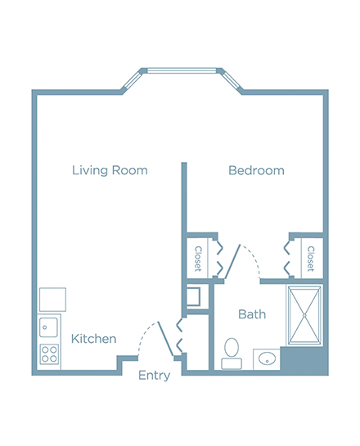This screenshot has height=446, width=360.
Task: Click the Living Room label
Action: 110,170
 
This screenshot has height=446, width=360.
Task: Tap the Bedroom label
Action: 256,170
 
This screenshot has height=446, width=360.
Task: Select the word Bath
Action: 252,314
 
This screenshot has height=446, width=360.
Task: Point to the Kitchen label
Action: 93,339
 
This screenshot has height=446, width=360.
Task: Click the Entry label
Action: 154,376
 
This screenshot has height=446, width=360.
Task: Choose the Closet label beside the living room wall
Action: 198,259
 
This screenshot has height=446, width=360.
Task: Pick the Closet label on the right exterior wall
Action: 311,259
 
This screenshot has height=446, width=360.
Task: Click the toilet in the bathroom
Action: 232,354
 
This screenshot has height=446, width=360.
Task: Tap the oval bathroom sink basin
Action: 267,358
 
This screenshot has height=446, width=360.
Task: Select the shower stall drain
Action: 304,315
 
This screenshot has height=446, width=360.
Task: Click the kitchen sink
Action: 48,327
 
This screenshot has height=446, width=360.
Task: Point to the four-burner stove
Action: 49,354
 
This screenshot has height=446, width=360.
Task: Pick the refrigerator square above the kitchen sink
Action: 52,300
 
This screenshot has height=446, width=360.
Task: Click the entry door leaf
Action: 165,339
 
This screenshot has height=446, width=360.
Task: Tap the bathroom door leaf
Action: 232,261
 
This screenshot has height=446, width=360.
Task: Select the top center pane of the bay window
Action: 182,70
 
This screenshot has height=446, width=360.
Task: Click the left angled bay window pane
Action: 132,80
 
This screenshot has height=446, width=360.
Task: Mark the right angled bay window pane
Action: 232,80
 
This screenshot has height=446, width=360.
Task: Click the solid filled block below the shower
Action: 304,360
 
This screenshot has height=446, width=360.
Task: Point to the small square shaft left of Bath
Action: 193,297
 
